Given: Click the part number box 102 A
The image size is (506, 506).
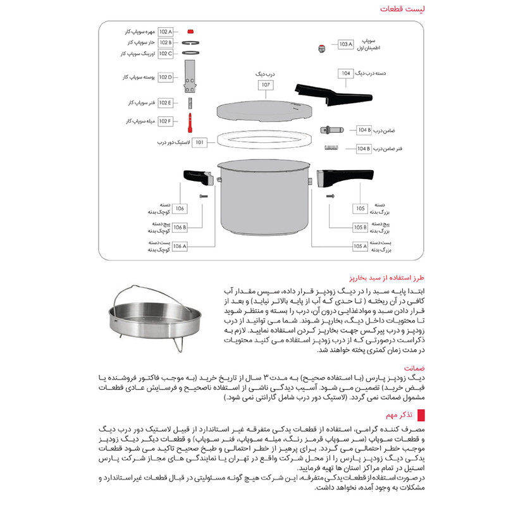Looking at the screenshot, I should (x=166, y=31).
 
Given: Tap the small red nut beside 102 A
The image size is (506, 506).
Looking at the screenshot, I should (x=191, y=31).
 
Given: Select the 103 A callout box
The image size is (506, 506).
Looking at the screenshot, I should (x=345, y=44).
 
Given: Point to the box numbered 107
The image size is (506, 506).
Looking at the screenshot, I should (x=266, y=84).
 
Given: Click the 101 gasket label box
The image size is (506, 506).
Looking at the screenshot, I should (x=201, y=143).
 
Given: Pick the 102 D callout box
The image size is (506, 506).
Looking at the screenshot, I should (x=166, y=77).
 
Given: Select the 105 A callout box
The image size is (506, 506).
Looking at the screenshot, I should (x=361, y=247).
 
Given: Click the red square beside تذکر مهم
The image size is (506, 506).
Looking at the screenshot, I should (x=420, y=415).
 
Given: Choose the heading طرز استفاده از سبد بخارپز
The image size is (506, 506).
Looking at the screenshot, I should (x=376, y=277).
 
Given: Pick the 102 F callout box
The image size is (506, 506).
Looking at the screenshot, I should (x=166, y=121).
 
